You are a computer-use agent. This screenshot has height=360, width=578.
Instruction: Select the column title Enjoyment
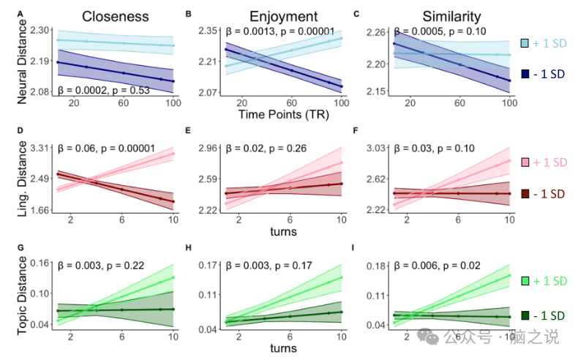[x=283, y=16]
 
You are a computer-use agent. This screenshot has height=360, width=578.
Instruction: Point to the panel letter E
[x=189, y=131]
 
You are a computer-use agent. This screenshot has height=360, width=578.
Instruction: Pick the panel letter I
[x=356, y=247]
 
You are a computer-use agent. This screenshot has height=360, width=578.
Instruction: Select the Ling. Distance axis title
[x=21, y=180]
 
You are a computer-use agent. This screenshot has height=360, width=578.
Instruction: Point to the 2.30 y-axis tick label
[x=41, y=30]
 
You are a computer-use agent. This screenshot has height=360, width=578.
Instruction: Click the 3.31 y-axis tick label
[x=41, y=149]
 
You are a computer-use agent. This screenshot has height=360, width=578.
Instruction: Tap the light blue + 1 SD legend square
[x=525, y=44]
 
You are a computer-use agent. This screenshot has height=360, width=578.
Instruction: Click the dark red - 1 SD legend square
[x=525, y=194]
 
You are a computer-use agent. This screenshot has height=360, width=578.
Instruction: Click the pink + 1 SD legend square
[x=525, y=162]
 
